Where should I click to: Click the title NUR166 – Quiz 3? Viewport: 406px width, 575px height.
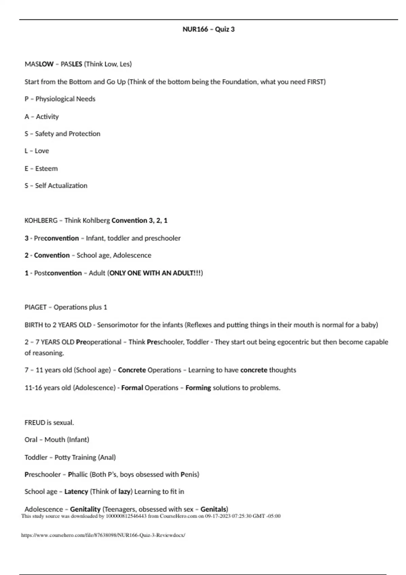click(208, 29)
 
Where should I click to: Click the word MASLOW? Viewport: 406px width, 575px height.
click(39, 64)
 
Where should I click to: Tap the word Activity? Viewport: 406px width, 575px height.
click(47, 117)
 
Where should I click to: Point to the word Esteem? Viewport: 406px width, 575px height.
click(46, 168)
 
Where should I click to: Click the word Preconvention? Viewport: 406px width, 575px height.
click(56, 238)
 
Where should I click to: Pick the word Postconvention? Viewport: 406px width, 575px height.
click(58, 273)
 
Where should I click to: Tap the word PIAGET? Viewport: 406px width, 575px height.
click(36, 307)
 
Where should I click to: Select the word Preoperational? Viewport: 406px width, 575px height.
click(98, 342)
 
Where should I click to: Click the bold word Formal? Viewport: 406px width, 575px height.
click(132, 388)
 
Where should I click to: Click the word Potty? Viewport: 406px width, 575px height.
click(62, 457)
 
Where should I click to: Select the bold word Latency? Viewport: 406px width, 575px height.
click(76, 491)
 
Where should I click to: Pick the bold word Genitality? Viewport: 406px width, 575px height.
click(85, 509)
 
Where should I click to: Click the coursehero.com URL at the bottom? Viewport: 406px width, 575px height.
click(103, 535)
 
